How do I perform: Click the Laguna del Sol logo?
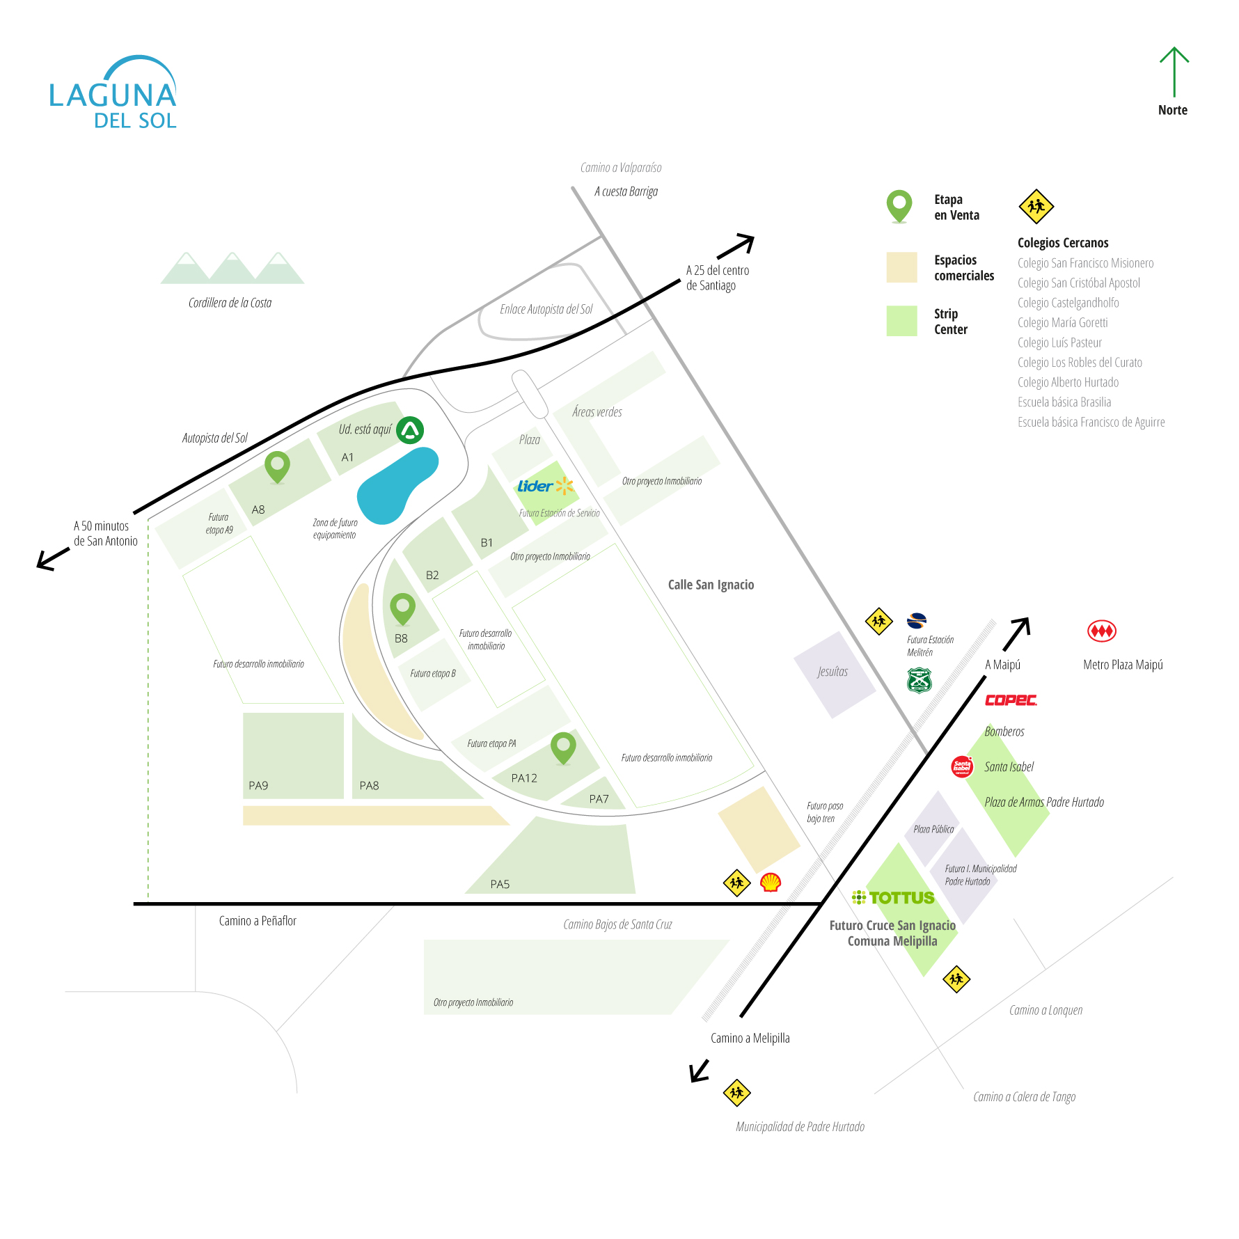tap(113, 93)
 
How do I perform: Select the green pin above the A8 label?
tap(277, 466)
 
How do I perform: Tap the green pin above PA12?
tap(563, 747)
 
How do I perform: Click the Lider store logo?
tap(545, 486)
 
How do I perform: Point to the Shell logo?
tap(770, 883)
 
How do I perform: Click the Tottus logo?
tap(894, 898)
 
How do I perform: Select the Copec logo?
tap(1011, 700)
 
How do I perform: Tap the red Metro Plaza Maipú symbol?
tap(1101, 631)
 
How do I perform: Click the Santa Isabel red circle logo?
tap(962, 766)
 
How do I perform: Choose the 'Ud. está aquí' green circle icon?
tap(410, 430)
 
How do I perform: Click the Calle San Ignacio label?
tap(711, 585)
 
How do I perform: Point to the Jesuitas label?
tap(832, 672)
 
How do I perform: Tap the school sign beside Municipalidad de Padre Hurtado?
tap(736, 1092)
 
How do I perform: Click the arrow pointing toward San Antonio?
tap(52, 559)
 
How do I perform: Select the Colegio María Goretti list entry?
tap(1062, 323)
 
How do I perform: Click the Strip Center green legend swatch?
tap(901, 321)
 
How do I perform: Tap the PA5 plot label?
tap(500, 884)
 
